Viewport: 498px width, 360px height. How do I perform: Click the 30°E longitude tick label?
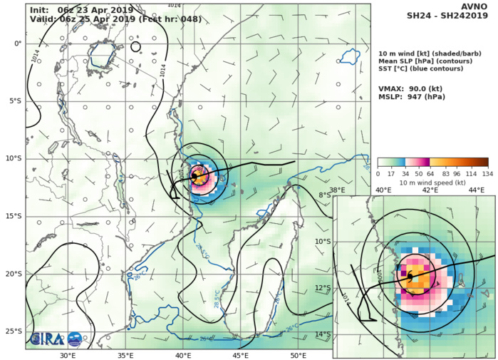tap(68, 355)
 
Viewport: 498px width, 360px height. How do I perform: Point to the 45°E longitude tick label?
tap(241, 355)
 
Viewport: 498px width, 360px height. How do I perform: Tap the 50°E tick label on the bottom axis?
tap(299, 355)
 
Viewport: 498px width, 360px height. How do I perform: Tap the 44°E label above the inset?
tap(477, 190)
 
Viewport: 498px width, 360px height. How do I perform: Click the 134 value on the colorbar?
tap(488, 173)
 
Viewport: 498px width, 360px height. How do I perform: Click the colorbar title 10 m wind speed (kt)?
tap(432, 182)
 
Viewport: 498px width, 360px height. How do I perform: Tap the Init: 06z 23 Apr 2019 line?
tap(76, 9)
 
